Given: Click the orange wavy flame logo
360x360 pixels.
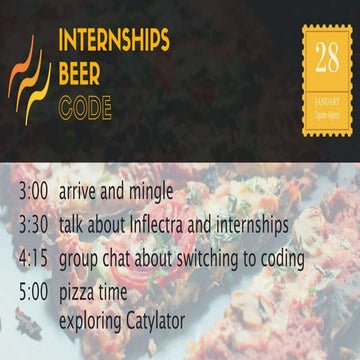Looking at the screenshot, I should point(30,80).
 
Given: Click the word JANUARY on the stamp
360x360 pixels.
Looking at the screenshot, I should point(327,100).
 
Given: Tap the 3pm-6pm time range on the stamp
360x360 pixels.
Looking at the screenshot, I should point(327,110).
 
